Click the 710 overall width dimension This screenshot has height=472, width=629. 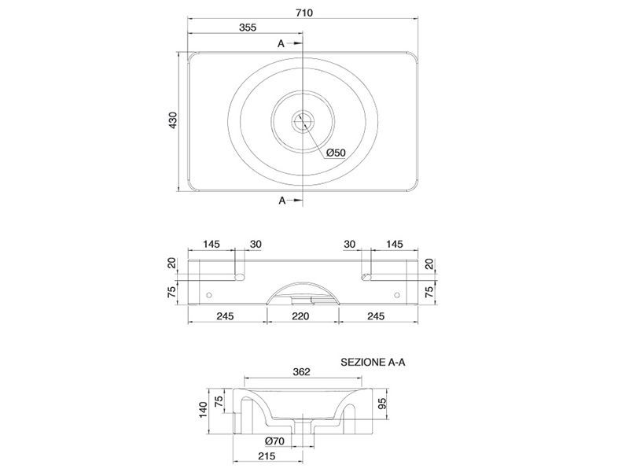point(304,13)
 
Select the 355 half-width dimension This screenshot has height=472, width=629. point(248,28)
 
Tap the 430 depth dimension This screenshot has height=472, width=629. point(172,120)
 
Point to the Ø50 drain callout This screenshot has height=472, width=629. point(336,153)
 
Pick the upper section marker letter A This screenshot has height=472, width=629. point(281,43)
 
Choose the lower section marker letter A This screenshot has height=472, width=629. point(282,201)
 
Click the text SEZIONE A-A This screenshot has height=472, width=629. point(373,362)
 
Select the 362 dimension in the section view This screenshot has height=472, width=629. point(301,371)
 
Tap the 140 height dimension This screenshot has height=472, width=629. point(204,410)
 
